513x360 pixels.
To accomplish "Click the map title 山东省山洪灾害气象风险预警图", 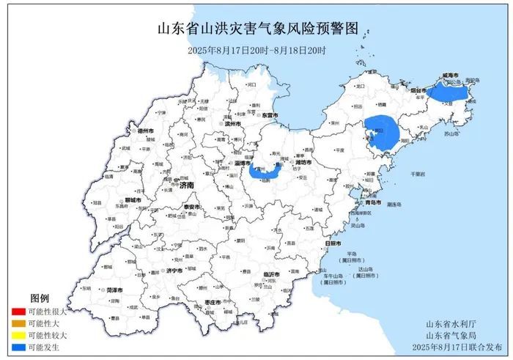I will click(x=257, y=29).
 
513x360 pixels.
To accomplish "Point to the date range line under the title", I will click(x=256, y=50).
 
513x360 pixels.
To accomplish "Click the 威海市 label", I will click(x=450, y=76).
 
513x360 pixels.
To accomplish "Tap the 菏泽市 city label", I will click(x=114, y=290).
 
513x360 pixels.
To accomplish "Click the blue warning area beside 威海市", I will click(x=448, y=93).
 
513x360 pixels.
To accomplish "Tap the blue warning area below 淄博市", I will click(x=265, y=172).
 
